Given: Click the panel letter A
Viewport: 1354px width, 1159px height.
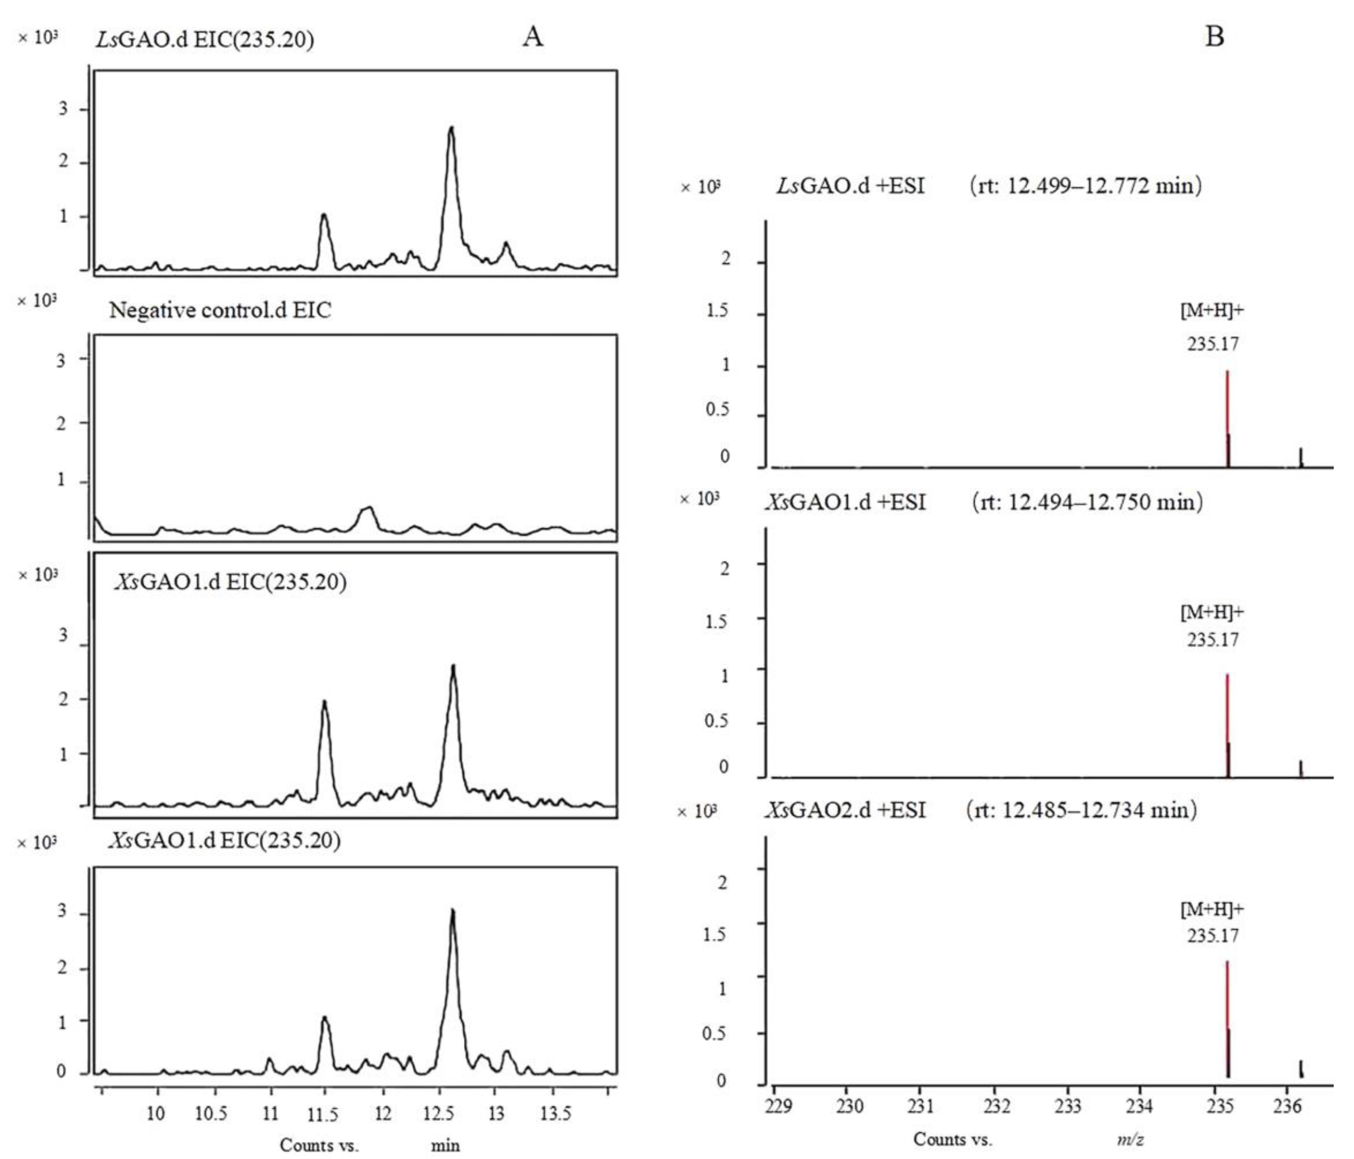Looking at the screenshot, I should tap(532, 37).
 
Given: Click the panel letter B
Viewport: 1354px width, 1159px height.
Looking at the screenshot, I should tap(1214, 37).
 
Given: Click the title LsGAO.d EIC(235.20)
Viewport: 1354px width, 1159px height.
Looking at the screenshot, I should tap(205, 40).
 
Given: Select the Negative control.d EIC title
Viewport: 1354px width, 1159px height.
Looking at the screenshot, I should tap(220, 310).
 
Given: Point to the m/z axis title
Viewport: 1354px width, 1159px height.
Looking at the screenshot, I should tap(1130, 1140).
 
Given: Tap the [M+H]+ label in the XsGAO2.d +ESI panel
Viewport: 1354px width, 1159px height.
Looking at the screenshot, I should tap(1212, 909).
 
